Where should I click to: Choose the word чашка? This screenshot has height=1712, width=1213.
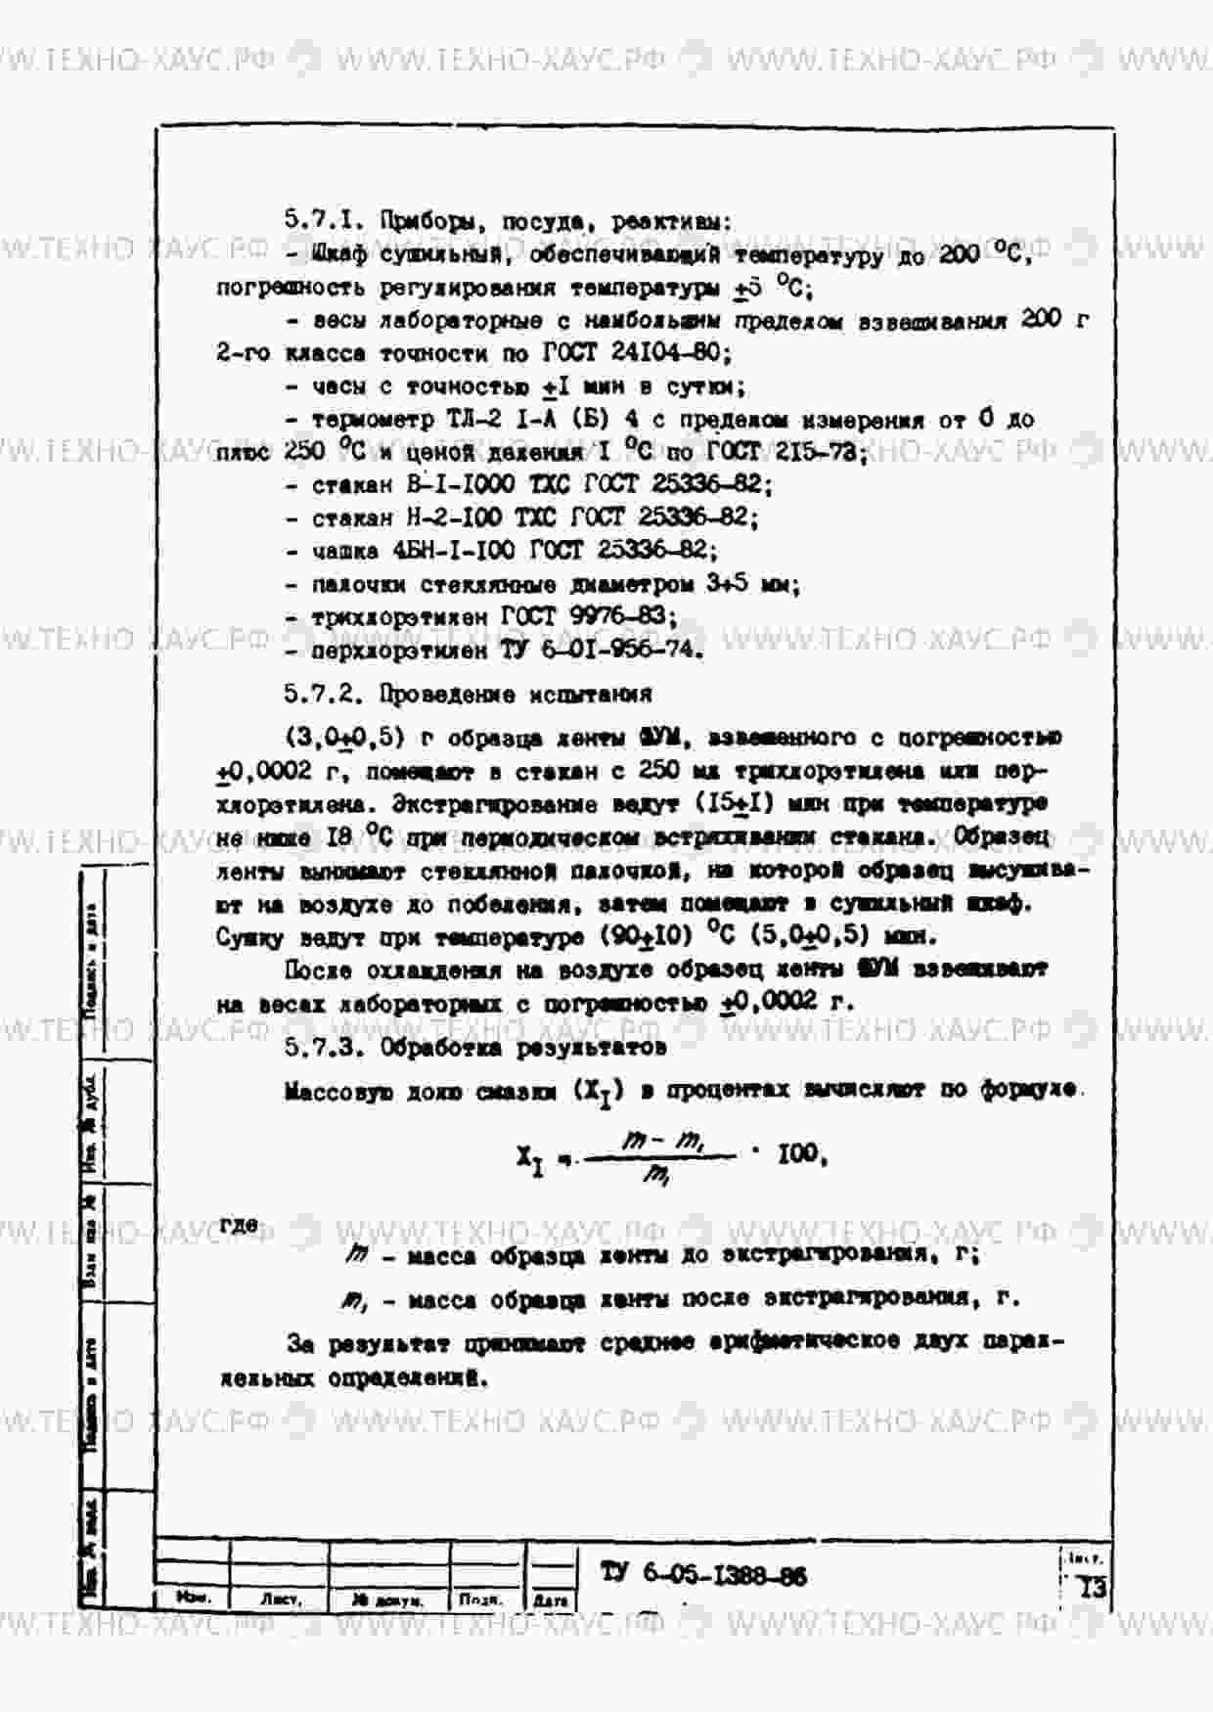[344, 551]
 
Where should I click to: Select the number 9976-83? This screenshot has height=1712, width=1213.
[622, 616]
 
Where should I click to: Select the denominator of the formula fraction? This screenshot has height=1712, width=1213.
[655, 1178]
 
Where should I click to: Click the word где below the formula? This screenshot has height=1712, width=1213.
[239, 1225]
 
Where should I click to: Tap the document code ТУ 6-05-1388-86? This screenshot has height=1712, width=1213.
[704, 1574]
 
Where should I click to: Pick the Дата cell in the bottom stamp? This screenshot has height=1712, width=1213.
[551, 1600]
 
